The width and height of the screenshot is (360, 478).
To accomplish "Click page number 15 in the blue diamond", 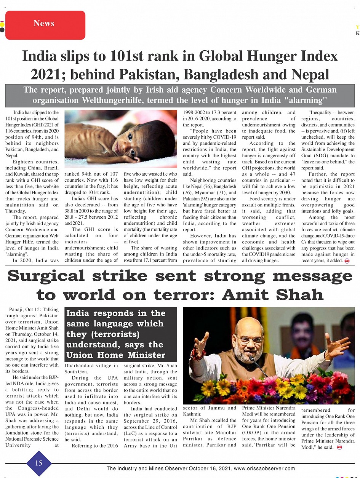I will pos(38,463).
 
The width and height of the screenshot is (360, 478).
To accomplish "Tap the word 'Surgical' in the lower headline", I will pos(51,276).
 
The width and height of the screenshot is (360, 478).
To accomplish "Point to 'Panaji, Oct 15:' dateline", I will pos(22,310).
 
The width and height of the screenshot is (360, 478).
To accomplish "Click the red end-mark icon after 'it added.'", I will pos(347,261).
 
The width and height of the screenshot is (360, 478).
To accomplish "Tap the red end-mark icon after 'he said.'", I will pos(339,448).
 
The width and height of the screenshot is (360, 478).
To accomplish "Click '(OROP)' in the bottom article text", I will pos(251,432).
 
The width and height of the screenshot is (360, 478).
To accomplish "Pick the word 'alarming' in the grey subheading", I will pos(307,101).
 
